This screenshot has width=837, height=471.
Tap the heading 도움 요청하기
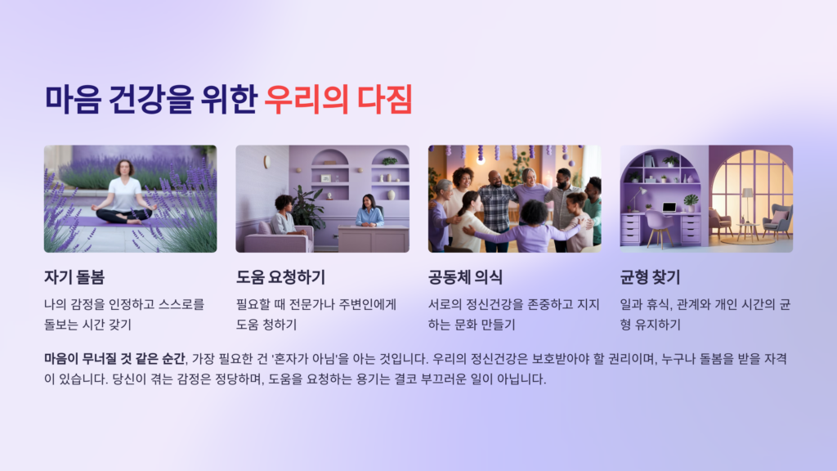(x=280, y=276)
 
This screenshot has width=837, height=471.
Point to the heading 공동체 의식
(x=465, y=276)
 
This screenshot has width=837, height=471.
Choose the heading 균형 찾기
(x=650, y=276)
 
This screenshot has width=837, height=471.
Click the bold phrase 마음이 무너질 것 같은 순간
(x=114, y=358)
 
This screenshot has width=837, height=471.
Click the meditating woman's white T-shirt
(x=126, y=194)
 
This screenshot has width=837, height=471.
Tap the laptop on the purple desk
(x=669, y=207)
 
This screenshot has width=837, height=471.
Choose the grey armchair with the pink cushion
(x=777, y=221)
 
